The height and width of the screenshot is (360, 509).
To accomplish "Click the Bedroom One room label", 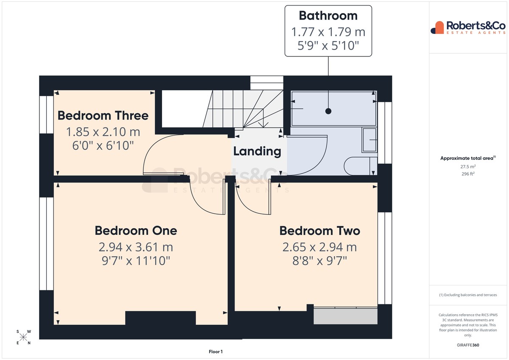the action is point(136,231).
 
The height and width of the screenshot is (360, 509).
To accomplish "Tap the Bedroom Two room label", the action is point(320,231).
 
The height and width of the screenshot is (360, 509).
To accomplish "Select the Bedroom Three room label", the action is point(103,115).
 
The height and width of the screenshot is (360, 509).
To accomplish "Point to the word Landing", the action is point(257,151).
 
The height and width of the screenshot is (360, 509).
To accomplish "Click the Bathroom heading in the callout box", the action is point(328,16).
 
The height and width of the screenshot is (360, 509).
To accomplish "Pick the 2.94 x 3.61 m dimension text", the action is point(136,247).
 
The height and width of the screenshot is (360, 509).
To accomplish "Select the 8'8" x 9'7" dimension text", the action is point(320,261).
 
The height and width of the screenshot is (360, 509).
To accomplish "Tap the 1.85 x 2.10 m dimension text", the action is point(103,132).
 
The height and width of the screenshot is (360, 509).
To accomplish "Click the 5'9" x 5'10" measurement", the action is point(328,45).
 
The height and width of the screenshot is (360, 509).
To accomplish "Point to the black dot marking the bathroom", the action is point(328,111).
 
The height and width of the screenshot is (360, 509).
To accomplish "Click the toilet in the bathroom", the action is point(361,166).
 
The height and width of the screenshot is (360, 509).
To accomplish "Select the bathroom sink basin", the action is point(369,140).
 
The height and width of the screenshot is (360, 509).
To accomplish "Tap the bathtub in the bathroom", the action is point(334,109).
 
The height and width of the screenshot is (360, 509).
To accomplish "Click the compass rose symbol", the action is point(23,337).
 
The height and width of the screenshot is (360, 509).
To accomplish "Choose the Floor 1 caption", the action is point(215,352).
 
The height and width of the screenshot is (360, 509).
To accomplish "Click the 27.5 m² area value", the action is point(468,167).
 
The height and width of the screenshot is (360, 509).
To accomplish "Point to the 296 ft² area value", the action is point(468,174).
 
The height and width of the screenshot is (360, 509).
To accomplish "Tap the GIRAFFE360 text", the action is point(468,345).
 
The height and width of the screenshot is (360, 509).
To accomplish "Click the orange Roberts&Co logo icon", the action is point(437,28).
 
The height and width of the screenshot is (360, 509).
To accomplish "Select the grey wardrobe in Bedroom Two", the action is point(345,316).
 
